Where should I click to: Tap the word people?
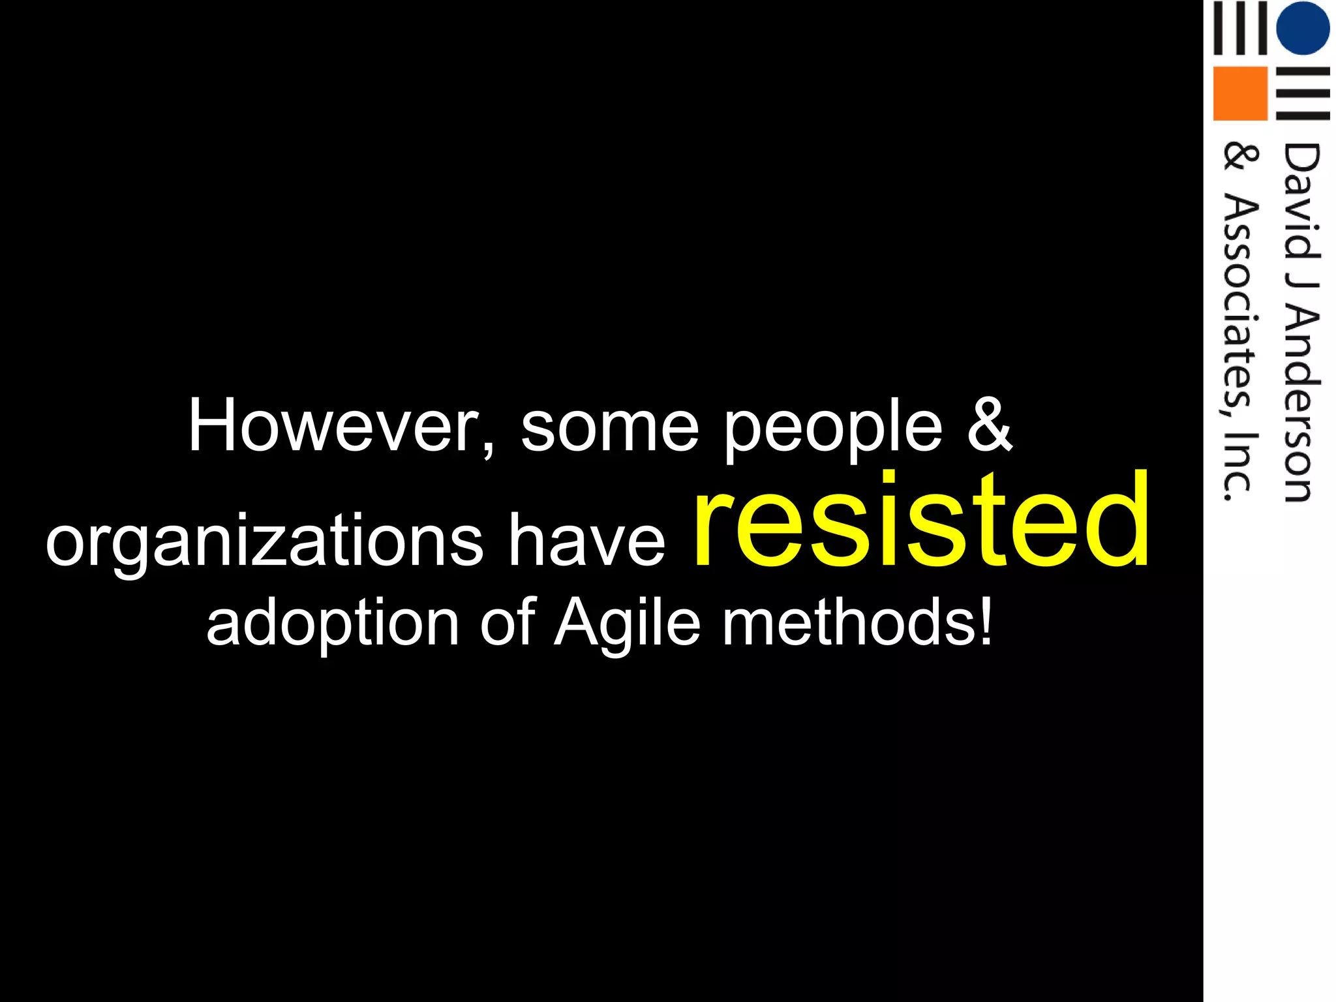(x=833, y=431)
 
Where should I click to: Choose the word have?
(x=586, y=539)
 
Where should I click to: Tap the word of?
(x=508, y=622)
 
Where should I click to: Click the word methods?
(x=848, y=622)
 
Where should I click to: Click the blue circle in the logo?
(x=1303, y=29)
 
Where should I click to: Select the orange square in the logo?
(x=1240, y=93)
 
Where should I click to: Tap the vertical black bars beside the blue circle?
(x=1240, y=29)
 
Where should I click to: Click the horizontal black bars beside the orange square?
(x=1303, y=93)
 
